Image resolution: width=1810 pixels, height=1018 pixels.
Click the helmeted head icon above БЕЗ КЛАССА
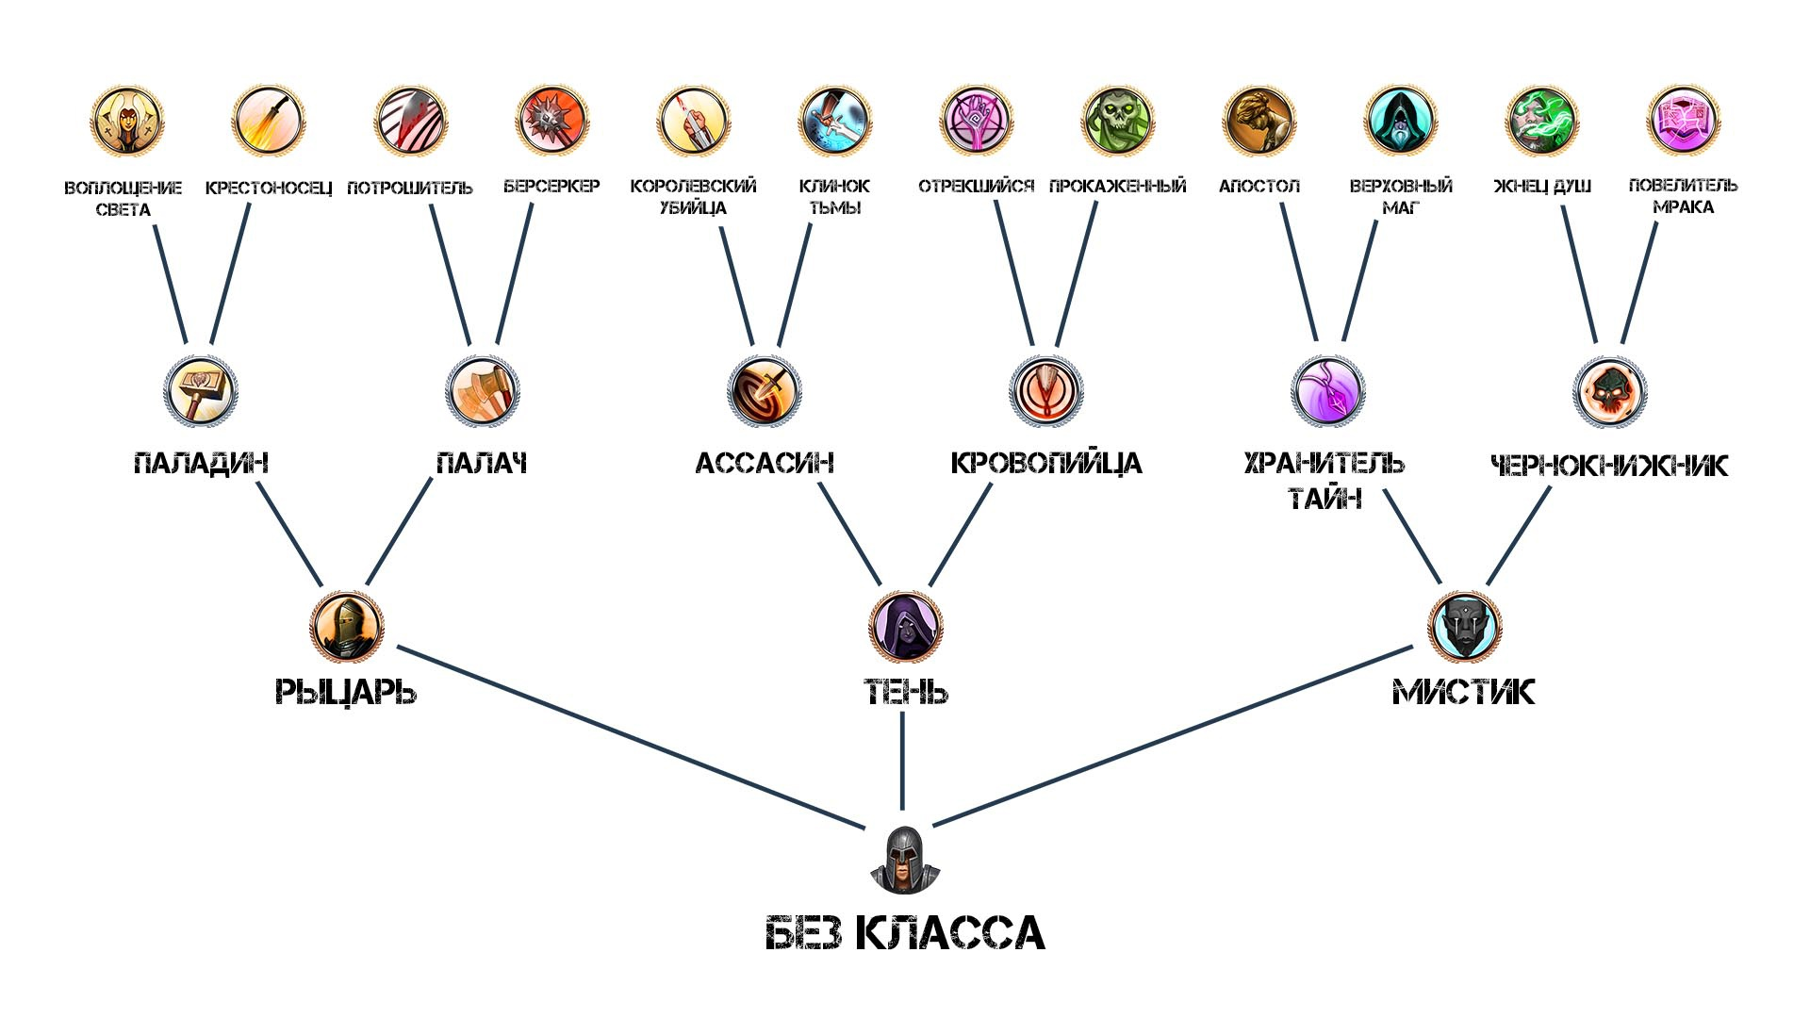pyautogui.click(x=904, y=860)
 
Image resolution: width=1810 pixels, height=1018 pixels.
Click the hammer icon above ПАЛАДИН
pyautogui.click(x=201, y=391)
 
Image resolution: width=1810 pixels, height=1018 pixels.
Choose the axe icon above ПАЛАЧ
pyautogui.click(x=483, y=391)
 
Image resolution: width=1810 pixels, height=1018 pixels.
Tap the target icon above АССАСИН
pyautogui.click(x=765, y=391)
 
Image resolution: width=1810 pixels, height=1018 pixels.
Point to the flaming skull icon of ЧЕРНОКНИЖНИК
pyautogui.click(x=1609, y=391)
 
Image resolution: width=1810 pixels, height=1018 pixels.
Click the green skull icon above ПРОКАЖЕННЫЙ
pyautogui.click(x=1117, y=121)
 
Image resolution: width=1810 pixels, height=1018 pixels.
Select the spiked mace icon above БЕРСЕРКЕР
pyautogui.click(x=552, y=121)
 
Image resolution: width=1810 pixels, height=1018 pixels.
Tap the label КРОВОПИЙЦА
pyautogui.click(x=1045, y=464)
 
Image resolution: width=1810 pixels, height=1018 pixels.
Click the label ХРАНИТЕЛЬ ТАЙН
pyautogui.click(x=1325, y=479)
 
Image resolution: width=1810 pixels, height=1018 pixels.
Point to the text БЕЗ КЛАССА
pyautogui.click(x=905, y=933)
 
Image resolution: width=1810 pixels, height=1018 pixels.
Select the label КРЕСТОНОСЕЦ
pyautogui.click(x=269, y=188)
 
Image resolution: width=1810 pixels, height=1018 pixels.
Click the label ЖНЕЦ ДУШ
pyautogui.click(x=1542, y=187)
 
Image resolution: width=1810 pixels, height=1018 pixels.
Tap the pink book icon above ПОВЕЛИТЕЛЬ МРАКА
pyautogui.click(x=1683, y=121)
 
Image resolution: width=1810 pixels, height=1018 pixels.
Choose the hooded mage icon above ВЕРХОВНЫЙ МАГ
pyautogui.click(x=1400, y=121)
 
